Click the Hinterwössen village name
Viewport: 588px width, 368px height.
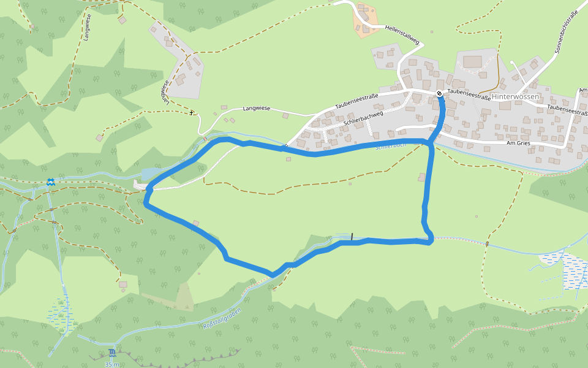[516, 97]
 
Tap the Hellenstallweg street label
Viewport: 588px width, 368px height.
[402, 34]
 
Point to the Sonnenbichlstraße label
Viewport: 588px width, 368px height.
[566, 31]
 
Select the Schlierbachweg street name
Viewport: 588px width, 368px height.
[363, 118]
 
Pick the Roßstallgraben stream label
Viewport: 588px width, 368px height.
[222, 317]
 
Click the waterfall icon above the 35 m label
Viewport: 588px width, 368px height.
[111, 353]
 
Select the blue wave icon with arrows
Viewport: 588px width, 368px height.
[50, 182]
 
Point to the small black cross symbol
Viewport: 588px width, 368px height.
[192, 113]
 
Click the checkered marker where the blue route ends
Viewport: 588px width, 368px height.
[439, 93]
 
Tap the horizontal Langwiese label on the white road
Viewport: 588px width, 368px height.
[257, 109]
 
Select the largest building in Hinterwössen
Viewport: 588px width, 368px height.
[472, 62]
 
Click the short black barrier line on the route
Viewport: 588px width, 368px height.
[352, 237]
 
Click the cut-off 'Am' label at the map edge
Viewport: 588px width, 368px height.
[582, 91]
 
